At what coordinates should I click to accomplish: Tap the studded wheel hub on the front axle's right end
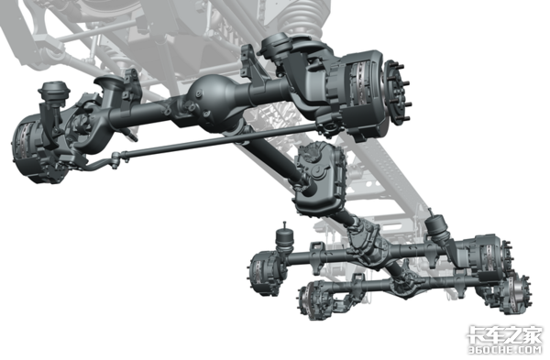(397, 92)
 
